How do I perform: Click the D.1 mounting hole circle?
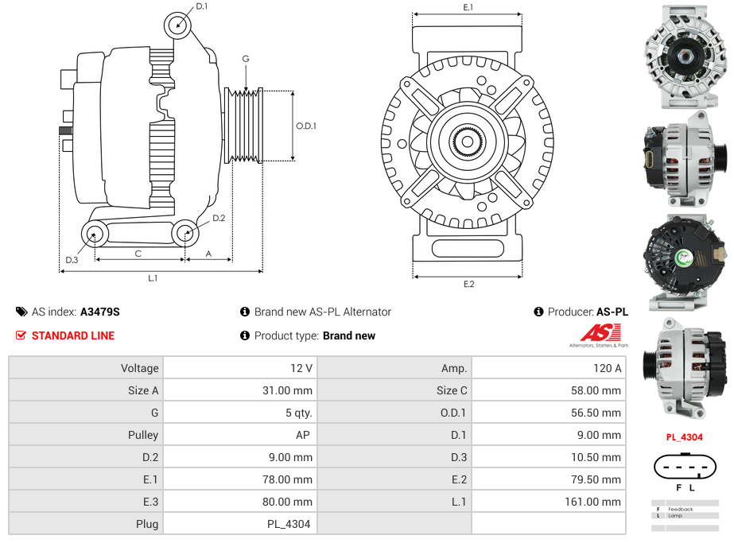[x=178, y=25]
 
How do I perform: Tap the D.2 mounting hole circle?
[x=185, y=233]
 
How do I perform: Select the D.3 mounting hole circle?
[x=95, y=234]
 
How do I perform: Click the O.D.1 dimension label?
[x=306, y=126]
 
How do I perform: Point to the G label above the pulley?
[x=246, y=59]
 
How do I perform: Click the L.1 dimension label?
[x=153, y=278]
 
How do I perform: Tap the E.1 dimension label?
[x=468, y=7]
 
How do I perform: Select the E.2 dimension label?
[x=468, y=285]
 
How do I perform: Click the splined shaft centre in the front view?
[x=468, y=142]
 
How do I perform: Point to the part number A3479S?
[x=100, y=312]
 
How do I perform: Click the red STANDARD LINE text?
[x=73, y=335]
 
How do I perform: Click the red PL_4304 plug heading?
[x=684, y=436]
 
